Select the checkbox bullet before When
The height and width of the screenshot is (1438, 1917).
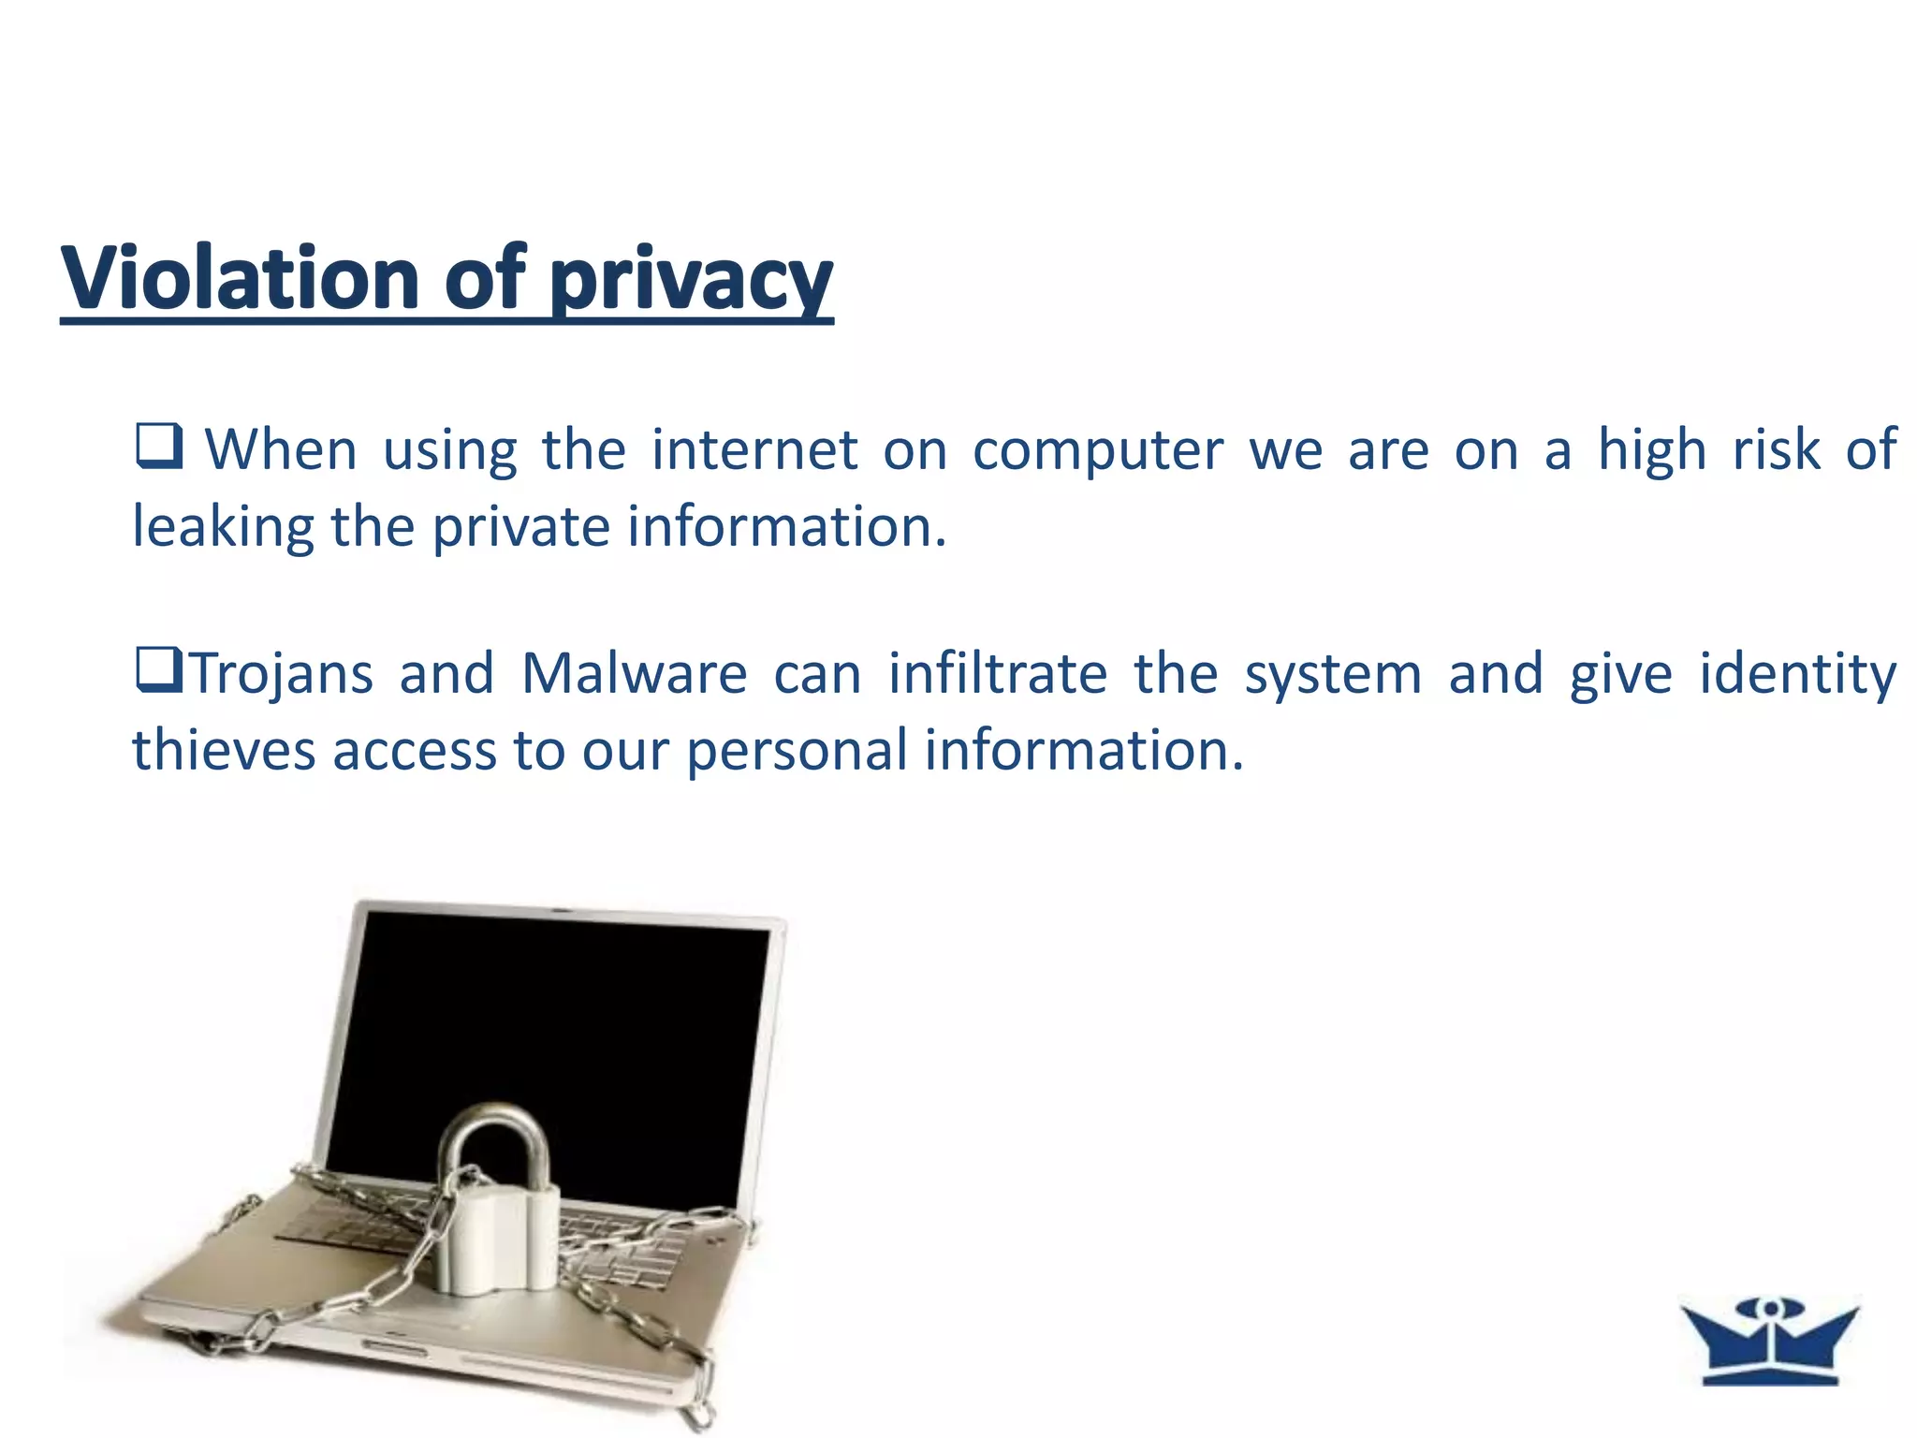(158, 447)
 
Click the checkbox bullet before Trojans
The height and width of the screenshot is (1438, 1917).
(158, 671)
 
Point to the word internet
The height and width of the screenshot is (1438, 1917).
(754, 449)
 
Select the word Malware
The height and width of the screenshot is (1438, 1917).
(635, 674)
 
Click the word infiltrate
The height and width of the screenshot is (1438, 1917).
(998, 674)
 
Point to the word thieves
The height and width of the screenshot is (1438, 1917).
(224, 751)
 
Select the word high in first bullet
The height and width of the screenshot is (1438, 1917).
(1651, 451)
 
